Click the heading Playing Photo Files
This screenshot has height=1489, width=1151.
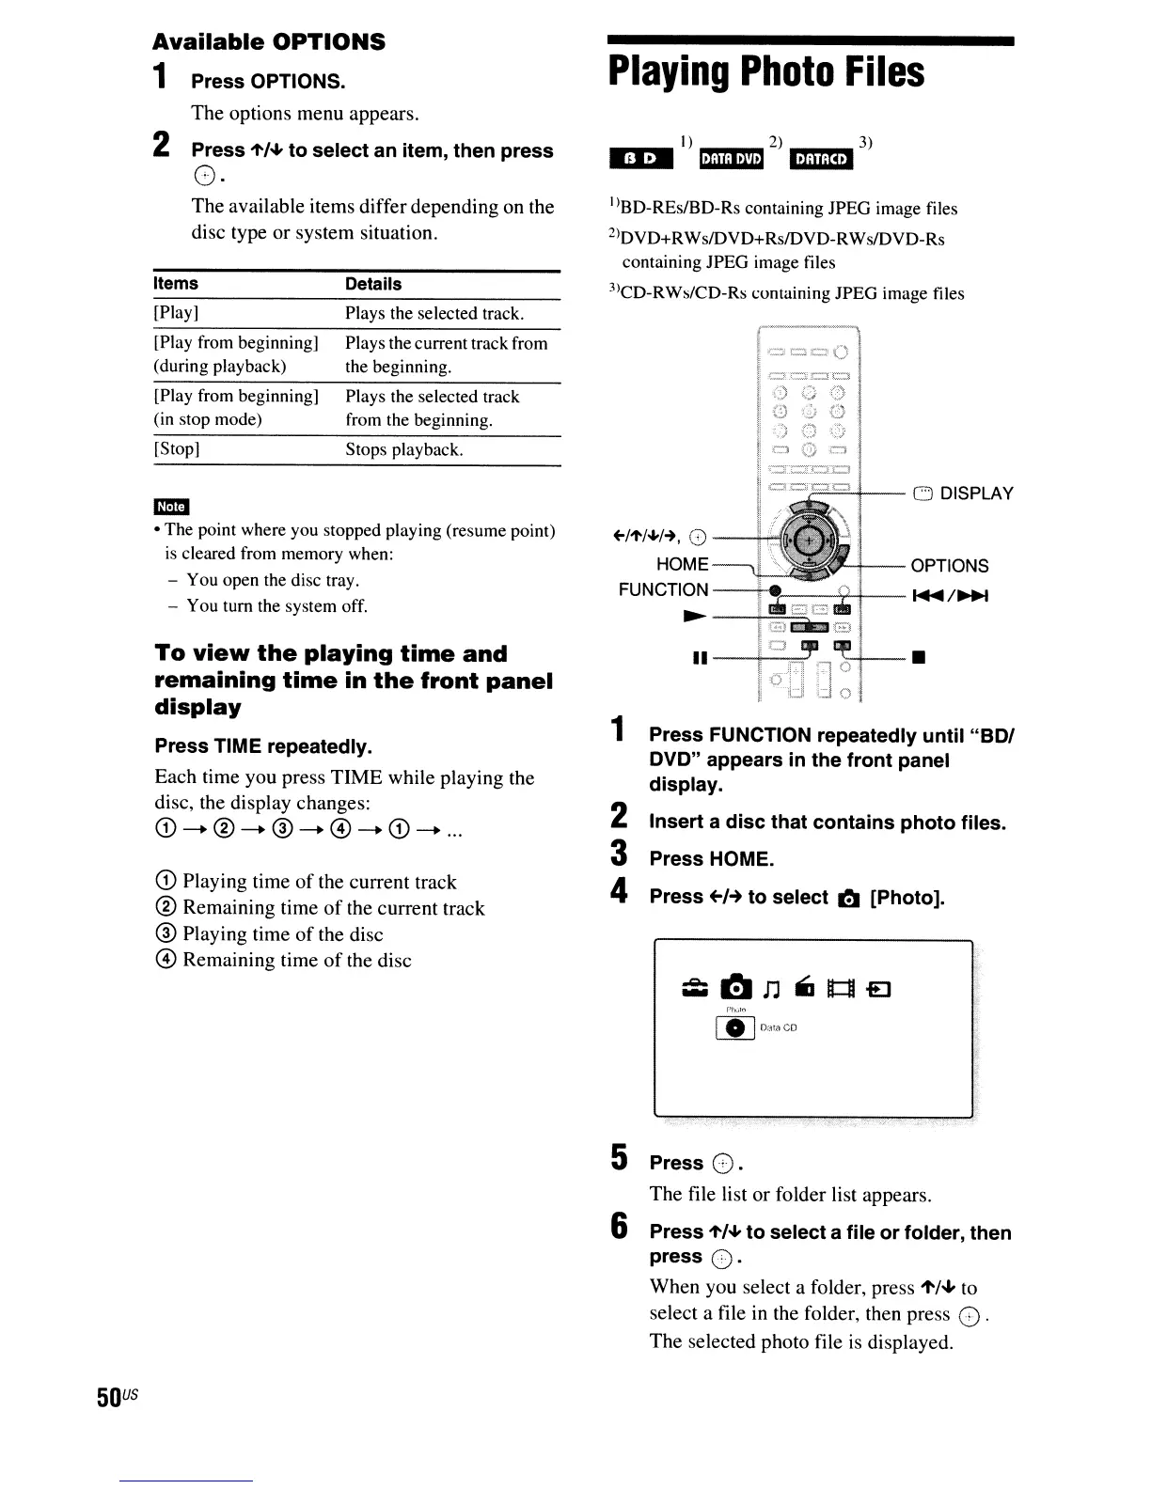tap(765, 72)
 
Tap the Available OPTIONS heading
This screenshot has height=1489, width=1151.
tap(269, 42)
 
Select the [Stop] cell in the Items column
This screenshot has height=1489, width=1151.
tap(176, 449)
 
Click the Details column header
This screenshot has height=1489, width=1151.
tap(372, 284)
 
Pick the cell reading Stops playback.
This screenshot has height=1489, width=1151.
tap(403, 449)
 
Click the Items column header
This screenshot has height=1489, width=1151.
tap(176, 284)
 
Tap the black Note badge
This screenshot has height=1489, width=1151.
tap(171, 507)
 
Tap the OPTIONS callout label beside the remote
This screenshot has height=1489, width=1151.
tap(949, 566)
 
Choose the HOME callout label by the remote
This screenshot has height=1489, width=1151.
tap(682, 564)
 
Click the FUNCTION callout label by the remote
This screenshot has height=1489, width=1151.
tap(663, 589)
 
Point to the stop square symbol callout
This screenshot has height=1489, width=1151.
tap(919, 659)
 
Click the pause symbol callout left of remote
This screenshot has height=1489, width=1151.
tap(699, 659)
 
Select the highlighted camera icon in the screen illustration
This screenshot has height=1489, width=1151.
tap(736, 987)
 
